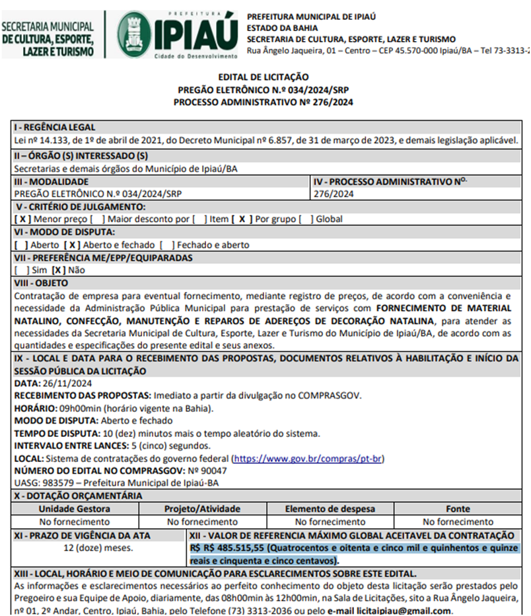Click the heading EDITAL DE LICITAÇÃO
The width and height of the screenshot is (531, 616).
(x=263, y=77)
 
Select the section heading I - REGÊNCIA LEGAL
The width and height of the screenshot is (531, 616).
(x=55, y=128)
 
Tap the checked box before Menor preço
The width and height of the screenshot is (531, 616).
(x=22, y=219)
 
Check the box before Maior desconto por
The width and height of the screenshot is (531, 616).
(x=98, y=219)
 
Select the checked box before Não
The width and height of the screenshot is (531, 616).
(x=59, y=270)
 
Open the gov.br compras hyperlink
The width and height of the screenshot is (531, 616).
(x=308, y=459)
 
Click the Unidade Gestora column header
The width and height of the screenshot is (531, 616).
(x=74, y=509)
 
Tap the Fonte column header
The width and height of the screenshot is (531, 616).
(x=458, y=509)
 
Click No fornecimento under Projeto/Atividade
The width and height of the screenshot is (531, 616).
(x=202, y=521)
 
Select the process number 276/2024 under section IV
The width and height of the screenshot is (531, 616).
(x=333, y=194)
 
